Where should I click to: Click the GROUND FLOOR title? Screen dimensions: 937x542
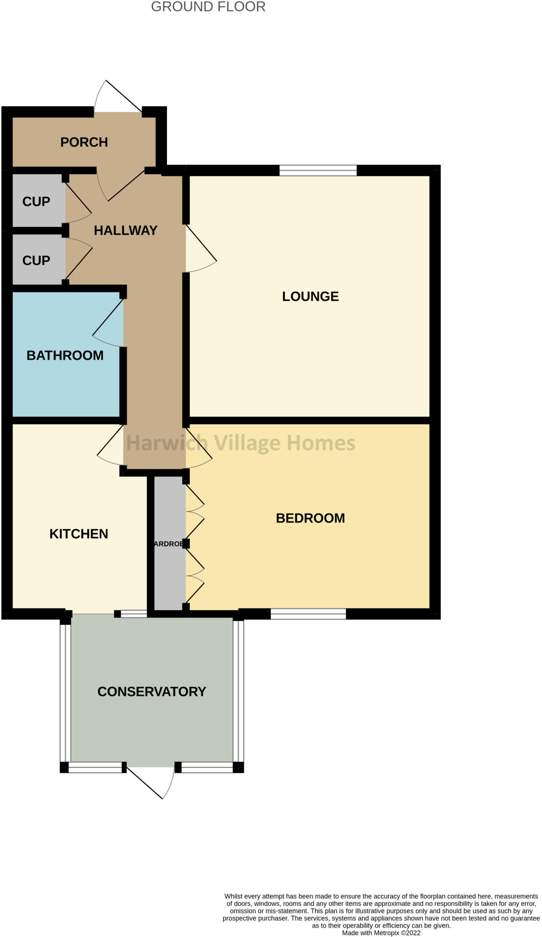coord(208,7)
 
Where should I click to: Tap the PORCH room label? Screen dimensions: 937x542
coord(84,142)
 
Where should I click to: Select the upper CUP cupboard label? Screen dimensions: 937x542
coord(36,201)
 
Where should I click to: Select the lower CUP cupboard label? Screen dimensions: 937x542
coord(36,260)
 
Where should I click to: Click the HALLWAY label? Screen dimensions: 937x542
coord(125,230)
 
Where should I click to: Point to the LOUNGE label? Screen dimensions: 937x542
coord(310,296)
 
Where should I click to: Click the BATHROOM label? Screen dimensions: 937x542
coord(65,355)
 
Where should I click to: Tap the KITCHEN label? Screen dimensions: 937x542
coord(79,534)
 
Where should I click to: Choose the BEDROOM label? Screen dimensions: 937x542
coord(310,518)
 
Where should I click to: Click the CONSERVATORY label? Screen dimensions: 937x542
coord(151,691)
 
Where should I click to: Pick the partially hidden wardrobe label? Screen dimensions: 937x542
coord(169,544)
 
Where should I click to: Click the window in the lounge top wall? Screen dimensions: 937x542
coord(318,171)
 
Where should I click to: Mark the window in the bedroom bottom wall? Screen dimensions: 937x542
coord(308,614)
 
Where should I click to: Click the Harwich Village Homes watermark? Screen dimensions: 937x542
coord(241,443)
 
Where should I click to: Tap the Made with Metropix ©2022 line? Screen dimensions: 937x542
coord(381,932)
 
